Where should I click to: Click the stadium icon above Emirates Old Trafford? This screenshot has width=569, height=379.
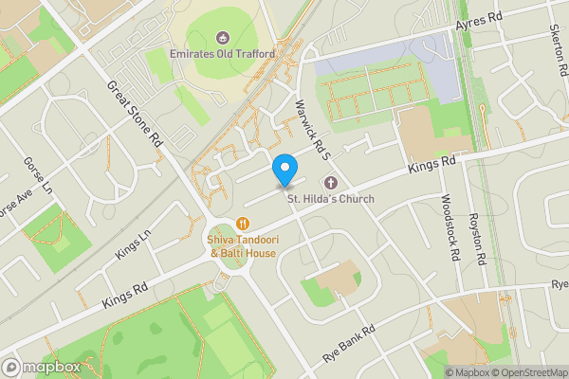(x=223, y=38)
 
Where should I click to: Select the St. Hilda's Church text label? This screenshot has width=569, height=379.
(x=331, y=199)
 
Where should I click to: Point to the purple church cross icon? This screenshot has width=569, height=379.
(x=331, y=183)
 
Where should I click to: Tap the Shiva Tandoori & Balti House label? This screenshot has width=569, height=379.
(x=243, y=246)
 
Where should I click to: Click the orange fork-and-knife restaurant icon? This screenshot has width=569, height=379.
(x=243, y=225)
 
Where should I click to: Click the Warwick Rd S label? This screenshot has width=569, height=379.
(x=311, y=129)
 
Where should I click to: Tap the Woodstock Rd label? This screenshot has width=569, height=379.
(x=449, y=228)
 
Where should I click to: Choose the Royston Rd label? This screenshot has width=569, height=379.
(x=477, y=239)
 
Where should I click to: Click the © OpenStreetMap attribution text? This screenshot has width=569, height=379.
(x=528, y=372)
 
